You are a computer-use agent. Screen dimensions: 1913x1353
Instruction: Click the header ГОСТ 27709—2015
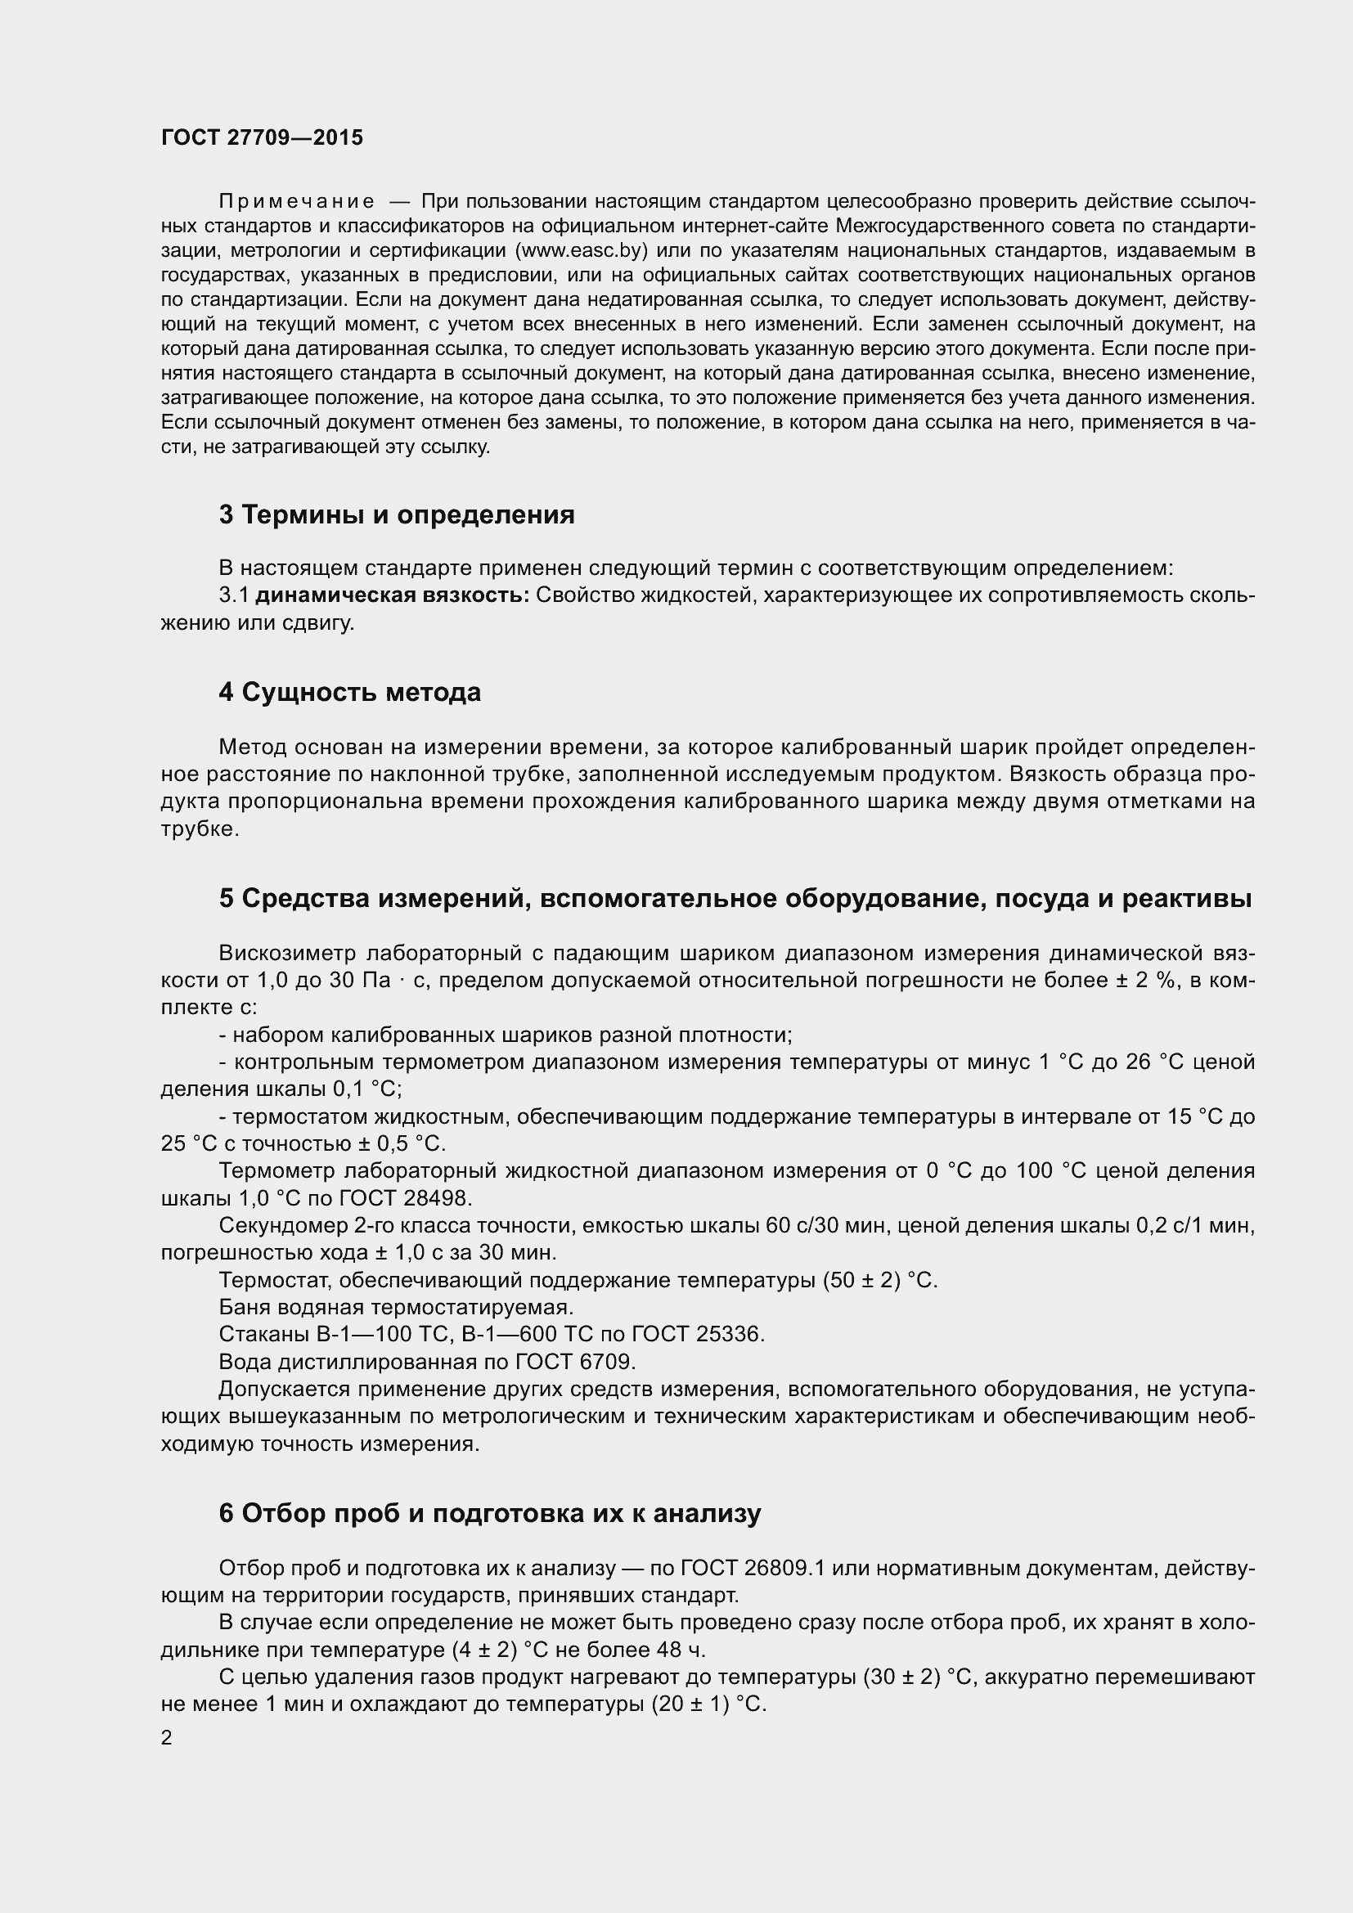click(262, 138)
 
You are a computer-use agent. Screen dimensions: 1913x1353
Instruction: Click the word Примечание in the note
click(296, 202)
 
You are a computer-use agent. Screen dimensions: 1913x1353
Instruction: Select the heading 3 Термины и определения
click(397, 515)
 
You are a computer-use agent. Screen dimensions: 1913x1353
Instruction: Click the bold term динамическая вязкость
click(392, 595)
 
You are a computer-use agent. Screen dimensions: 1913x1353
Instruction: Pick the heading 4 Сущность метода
click(350, 693)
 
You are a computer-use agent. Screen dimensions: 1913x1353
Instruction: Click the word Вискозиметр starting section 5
click(286, 953)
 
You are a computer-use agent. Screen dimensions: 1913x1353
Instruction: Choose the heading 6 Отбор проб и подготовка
click(490, 1513)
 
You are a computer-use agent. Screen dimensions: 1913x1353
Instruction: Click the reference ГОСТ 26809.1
click(752, 1568)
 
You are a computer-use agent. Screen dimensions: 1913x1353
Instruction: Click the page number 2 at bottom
click(167, 1738)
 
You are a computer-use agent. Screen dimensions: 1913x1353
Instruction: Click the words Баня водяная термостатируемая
click(396, 1306)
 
